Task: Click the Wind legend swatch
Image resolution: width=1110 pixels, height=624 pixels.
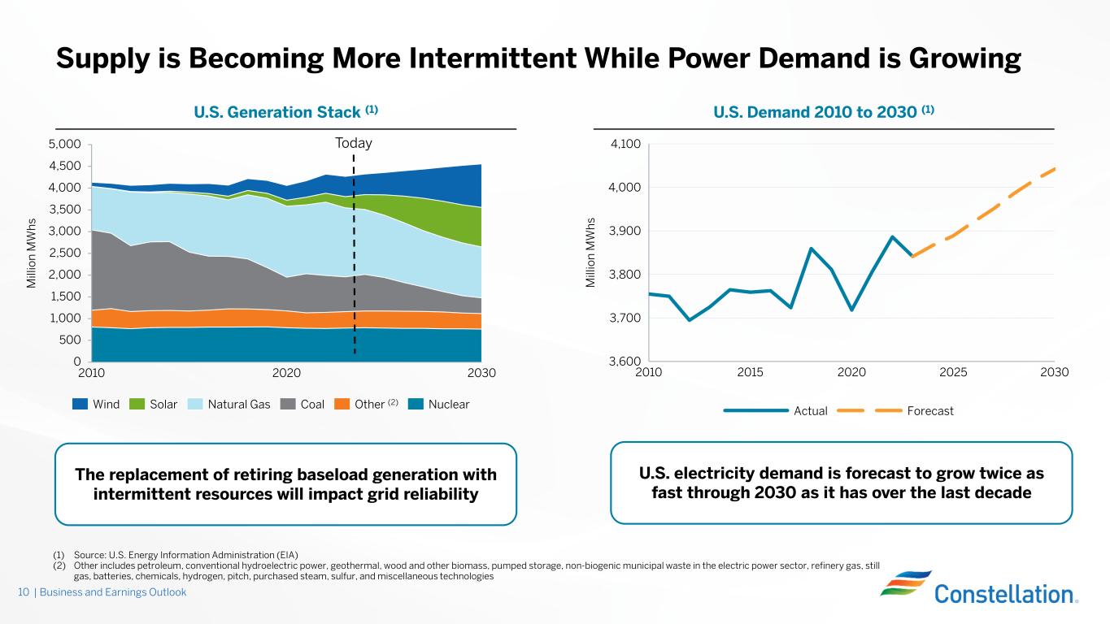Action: click(81, 404)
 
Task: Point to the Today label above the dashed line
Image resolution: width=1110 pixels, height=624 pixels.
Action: click(354, 144)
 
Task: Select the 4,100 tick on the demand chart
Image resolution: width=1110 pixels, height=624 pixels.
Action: click(625, 145)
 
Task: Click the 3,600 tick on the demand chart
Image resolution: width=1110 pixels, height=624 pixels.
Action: click(625, 362)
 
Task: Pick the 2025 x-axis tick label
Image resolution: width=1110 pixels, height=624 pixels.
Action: click(953, 373)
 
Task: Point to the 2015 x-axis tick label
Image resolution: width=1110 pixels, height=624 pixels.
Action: click(750, 373)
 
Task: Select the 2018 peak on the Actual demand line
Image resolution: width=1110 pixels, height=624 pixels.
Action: click(811, 248)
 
